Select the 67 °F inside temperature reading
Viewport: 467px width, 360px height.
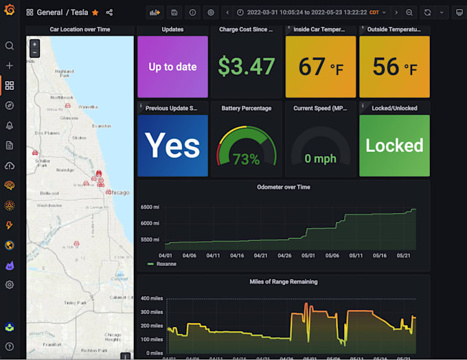[x=321, y=67]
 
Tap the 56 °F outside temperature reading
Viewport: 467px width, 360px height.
[x=394, y=67]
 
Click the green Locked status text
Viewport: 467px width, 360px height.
[x=394, y=146]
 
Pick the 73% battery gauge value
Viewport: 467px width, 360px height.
[x=246, y=159]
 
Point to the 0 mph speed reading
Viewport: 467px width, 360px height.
[x=320, y=159]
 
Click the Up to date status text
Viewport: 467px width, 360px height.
[x=172, y=67]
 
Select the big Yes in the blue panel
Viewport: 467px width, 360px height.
[x=172, y=146]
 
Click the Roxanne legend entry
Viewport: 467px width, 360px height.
[x=166, y=263]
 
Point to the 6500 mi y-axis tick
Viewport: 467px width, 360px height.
[x=150, y=207]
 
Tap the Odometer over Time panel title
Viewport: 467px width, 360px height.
[x=283, y=187]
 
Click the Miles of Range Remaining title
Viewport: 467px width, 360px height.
[x=283, y=282]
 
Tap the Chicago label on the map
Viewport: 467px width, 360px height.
[x=118, y=193]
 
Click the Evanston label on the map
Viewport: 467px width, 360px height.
[x=101, y=126]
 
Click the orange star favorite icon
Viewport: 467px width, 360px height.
[x=95, y=12]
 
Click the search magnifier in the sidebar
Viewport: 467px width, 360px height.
[x=10, y=46]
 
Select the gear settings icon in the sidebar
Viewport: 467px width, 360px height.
[x=10, y=284]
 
